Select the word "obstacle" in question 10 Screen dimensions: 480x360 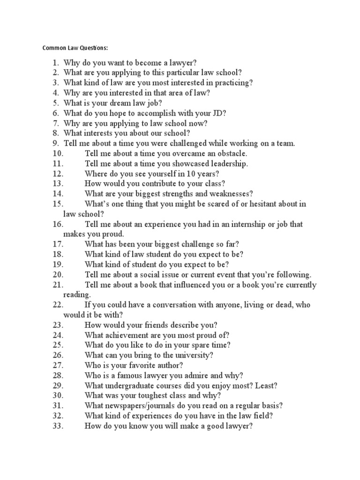(231, 153)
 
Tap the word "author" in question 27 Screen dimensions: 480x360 (170, 365)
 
